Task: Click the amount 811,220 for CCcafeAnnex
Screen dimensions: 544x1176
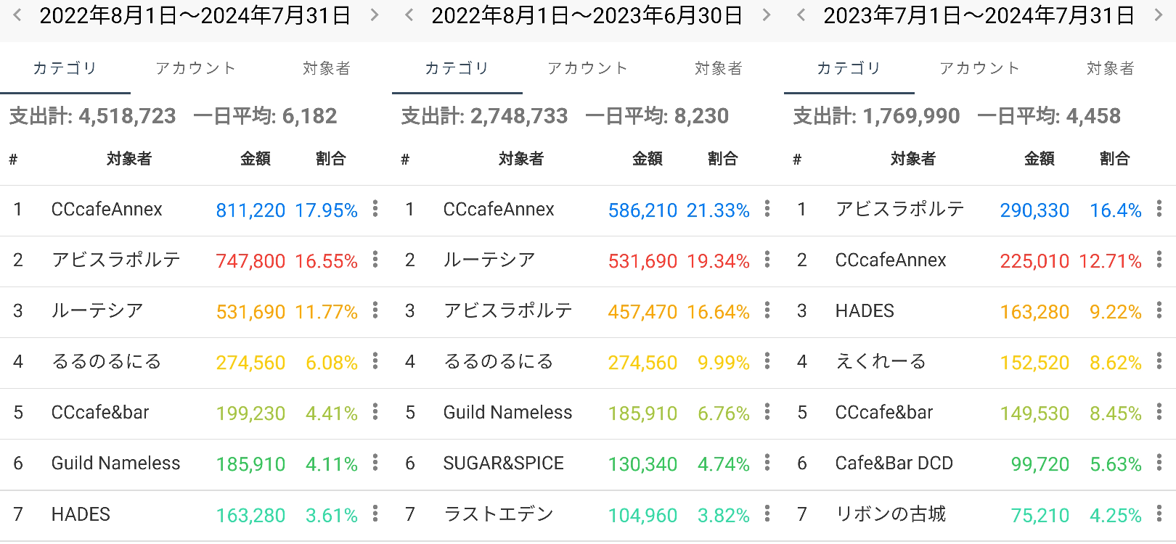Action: coord(250,210)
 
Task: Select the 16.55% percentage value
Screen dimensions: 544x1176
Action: coord(326,261)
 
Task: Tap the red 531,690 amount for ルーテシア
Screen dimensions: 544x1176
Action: coord(642,261)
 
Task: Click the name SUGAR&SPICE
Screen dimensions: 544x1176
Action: coord(503,463)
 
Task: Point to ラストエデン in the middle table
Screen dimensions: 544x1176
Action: coord(498,514)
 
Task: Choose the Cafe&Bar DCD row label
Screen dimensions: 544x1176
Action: coord(894,463)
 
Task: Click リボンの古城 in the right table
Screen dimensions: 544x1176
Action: coord(891,514)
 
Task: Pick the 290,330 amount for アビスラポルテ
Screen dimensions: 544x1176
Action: coord(1034,210)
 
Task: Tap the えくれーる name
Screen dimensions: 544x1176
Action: coord(881,362)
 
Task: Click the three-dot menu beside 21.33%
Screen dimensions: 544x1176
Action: coord(767,209)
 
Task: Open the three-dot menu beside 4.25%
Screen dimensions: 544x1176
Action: coord(1159,514)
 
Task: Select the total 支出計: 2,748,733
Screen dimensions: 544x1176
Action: coord(484,116)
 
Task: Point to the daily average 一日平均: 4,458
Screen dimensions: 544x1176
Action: coord(1049,116)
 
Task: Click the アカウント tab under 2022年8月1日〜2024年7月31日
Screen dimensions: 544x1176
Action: coord(196,68)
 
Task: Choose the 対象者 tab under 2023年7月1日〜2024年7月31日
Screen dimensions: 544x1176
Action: coord(1110,68)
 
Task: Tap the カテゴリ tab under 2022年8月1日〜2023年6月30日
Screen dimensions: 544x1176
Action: coord(457,68)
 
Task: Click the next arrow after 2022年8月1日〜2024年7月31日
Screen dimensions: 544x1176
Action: coord(375,15)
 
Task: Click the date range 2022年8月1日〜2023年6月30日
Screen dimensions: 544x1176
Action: coord(587,15)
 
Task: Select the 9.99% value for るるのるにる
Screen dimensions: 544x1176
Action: coord(723,363)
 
